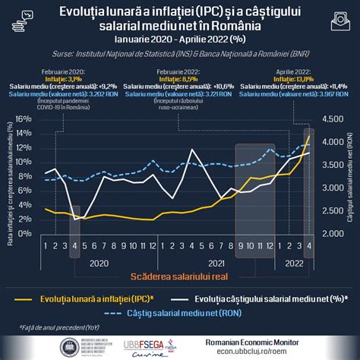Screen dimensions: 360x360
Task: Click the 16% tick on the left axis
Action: click(x=23, y=118)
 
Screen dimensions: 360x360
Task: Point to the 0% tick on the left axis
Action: click(x=25, y=233)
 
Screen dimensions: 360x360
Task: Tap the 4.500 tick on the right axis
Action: click(x=332, y=118)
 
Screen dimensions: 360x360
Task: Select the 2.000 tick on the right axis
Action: click(x=332, y=233)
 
